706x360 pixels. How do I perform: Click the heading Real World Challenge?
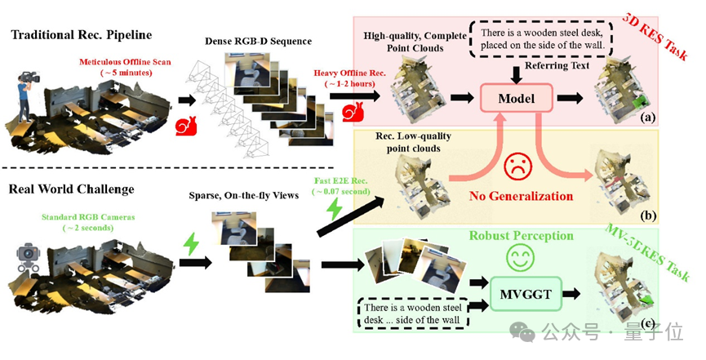pos(72,189)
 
